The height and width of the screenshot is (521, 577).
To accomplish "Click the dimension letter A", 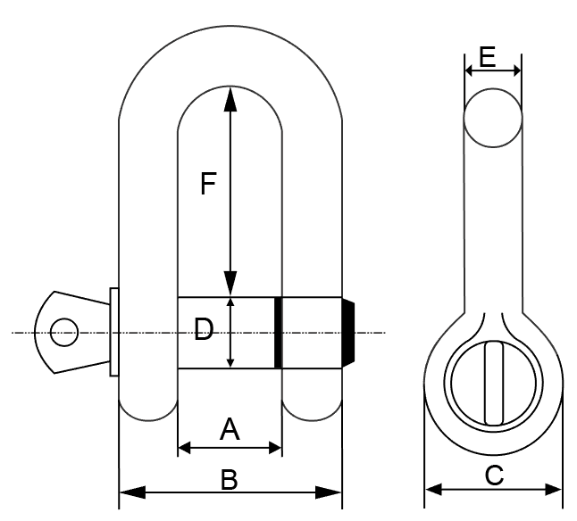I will coord(230,431).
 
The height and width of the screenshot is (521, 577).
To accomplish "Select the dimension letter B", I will coord(230,480).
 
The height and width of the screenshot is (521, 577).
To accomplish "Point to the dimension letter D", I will coord(204,331).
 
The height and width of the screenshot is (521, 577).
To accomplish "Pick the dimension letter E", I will coord(487,57).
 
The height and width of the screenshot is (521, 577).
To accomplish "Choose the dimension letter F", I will coord(207,185).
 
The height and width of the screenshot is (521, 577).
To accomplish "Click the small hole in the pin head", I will coord(63,333).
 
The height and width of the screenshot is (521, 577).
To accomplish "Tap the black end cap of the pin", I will coord(349,333).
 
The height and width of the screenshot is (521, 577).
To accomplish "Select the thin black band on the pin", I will coord(278,333).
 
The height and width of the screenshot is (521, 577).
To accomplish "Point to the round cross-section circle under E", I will coord(492,118).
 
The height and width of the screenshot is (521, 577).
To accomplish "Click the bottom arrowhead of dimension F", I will coord(230,285).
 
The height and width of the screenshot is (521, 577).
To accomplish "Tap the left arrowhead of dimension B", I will coord(129,492).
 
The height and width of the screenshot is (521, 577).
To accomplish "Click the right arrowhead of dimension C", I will coord(554,489).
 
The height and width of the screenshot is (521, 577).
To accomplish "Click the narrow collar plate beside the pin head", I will coord(113,333).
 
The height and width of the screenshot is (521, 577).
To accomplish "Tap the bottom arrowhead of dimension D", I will coord(230,360).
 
